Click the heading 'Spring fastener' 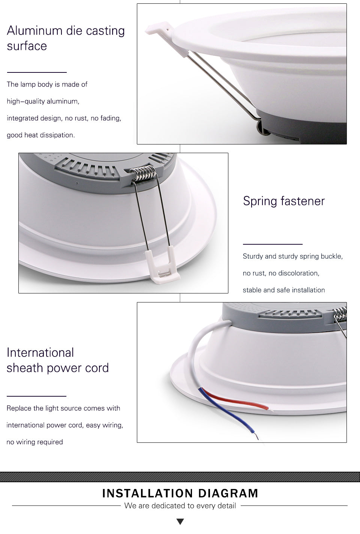283,201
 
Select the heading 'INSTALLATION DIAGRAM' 180,493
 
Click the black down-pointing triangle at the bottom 180,522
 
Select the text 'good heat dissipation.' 40,135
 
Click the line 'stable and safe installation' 283,290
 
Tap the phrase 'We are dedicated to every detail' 180,506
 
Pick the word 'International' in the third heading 40,353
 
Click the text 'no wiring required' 34,442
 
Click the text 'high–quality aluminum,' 43,101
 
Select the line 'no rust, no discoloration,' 281,273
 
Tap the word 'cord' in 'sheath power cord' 96,368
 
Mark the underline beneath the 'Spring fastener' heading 273,244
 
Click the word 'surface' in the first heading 27,46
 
